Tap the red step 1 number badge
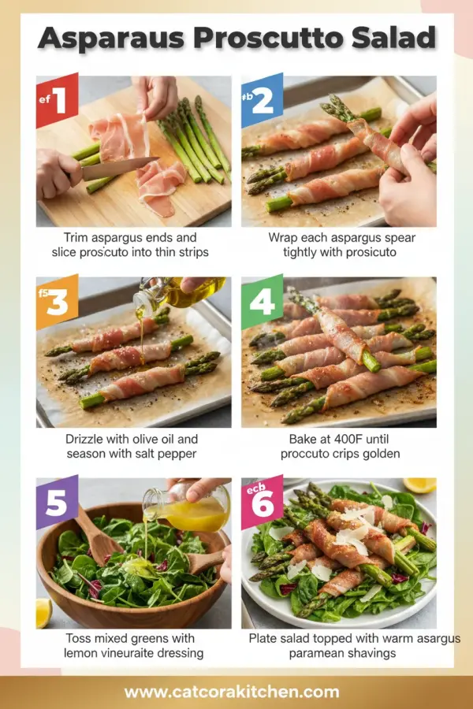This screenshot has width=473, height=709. [57, 100]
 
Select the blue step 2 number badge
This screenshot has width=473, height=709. [262, 100]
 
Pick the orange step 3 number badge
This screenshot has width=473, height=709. [57, 302]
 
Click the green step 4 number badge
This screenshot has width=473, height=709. [262, 302]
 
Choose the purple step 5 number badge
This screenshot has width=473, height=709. [57, 502]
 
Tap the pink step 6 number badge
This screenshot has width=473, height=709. [262, 502]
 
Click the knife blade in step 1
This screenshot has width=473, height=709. [118, 168]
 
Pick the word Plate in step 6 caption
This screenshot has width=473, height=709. [266, 639]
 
